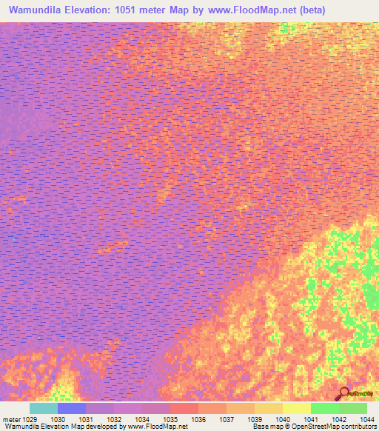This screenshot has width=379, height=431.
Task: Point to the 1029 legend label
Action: (x=29, y=418)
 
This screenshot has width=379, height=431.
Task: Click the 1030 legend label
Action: (x=58, y=418)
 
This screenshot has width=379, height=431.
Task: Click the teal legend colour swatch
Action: (x=43, y=408)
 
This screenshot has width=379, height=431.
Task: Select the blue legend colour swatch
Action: (x=72, y=408)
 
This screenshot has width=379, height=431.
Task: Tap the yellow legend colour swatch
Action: (x=296, y=408)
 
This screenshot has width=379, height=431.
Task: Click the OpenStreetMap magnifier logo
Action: (x=343, y=393)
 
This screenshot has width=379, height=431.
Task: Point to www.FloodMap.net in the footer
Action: (x=157, y=427)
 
